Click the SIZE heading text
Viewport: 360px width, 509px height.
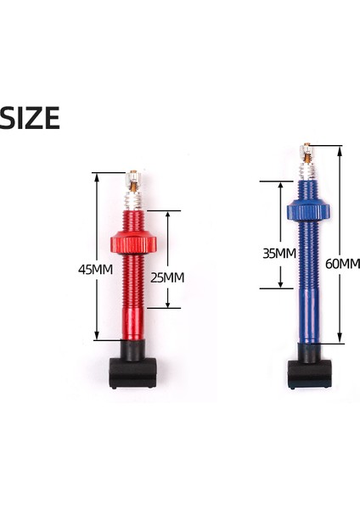coord(31,118)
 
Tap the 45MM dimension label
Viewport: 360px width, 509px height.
coord(95,270)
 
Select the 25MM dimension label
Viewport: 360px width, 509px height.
coord(166,277)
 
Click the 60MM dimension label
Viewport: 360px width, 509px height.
coord(341,264)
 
